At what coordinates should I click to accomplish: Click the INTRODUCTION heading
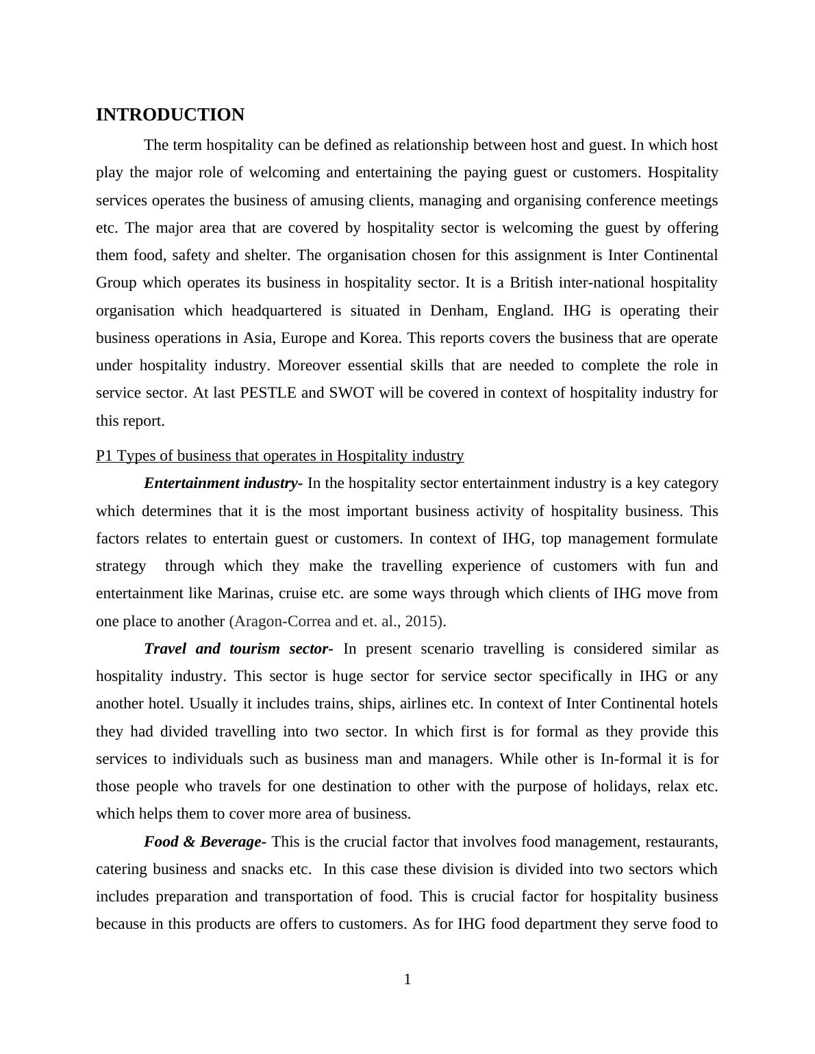[170, 115]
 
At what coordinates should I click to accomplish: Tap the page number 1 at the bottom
[407, 979]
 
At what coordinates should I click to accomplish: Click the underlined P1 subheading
[279, 456]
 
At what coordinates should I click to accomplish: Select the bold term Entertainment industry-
[223, 483]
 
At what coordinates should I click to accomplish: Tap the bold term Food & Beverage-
[205, 842]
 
